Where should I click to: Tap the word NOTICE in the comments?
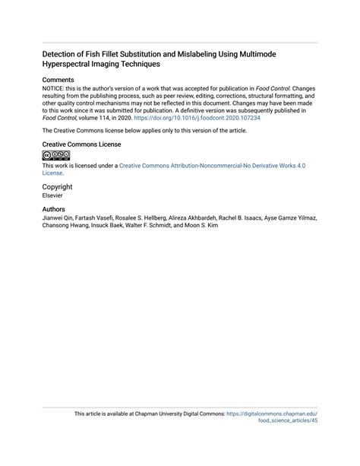55,89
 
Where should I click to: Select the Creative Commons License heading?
81,144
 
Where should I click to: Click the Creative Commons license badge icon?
56,154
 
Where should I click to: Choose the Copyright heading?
58,186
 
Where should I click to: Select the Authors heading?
54,209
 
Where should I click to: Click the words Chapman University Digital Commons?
174,414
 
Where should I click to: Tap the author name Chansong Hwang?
64,226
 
